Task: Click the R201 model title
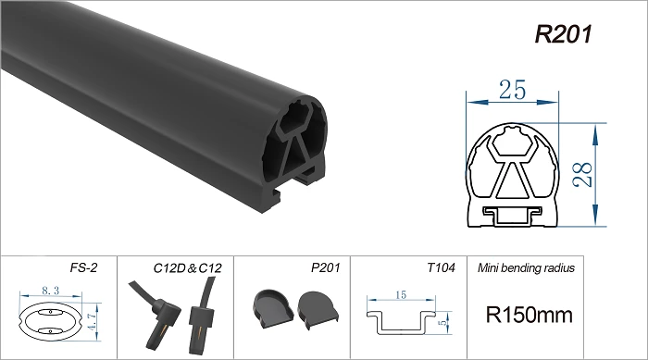click(x=563, y=34)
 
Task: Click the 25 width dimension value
click(x=513, y=90)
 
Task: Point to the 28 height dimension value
click(x=583, y=175)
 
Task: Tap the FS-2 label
click(x=83, y=267)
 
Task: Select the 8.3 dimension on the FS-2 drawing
click(x=50, y=291)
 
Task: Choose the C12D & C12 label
click(x=187, y=268)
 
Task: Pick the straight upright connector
click(x=203, y=317)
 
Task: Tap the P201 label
click(x=326, y=267)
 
